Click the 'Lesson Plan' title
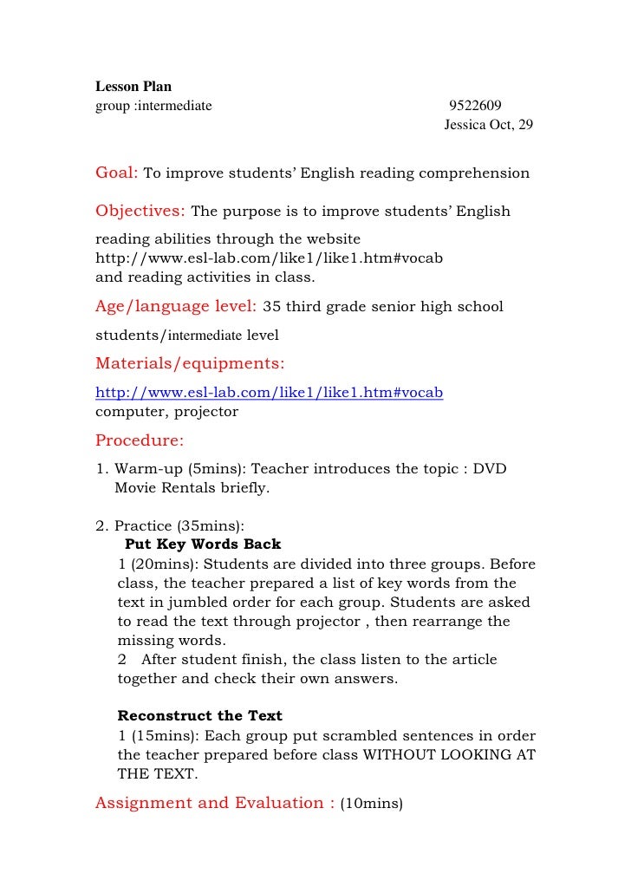pyautogui.click(x=133, y=87)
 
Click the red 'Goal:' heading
pyautogui.click(x=117, y=173)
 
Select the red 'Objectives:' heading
pyautogui.click(x=140, y=211)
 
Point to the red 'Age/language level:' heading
pyautogui.click(x=175, y=306)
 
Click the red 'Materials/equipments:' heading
pyautogui.click(x=190, y=362)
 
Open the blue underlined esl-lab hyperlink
pyautogui.click(x=269, y=392)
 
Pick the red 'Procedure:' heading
pyautogui.click(x=139, y=440)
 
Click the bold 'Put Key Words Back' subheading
pyautogui.click(x=203, y=544)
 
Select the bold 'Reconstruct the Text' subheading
pyautogui.click(x=199, y=716)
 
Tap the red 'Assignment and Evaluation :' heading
pyautogui.click(x=214, y=803)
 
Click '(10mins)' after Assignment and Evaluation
pyautogui.click(x=371, y=804)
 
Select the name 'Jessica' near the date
pyautogui.click(x=466, y=125)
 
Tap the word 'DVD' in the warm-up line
pyautogui.click(x=491, y=469)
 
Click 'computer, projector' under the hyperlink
pyautogui.click(x=166, y=411)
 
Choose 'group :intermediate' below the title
pyautogui.click(x=153, y=106)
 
